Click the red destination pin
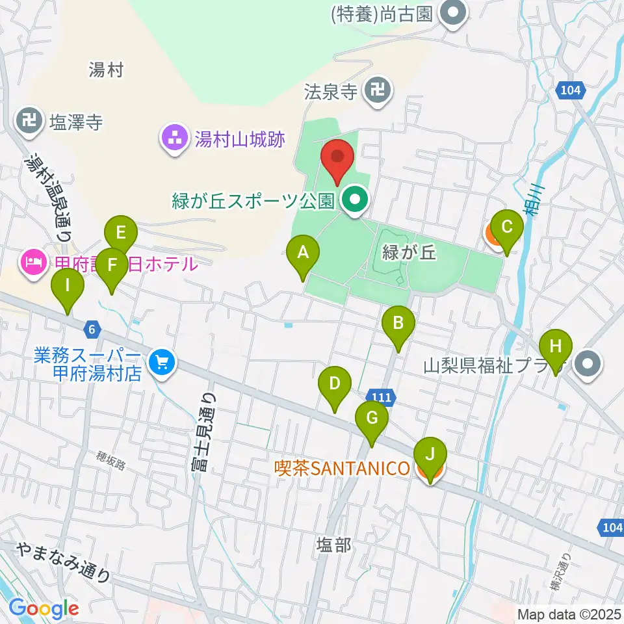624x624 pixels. [x=338, y=159]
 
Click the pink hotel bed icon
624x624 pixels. [x=32, y=263]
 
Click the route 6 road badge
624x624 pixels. [x=93, y=330]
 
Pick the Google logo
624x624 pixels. [x=44, y=609]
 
